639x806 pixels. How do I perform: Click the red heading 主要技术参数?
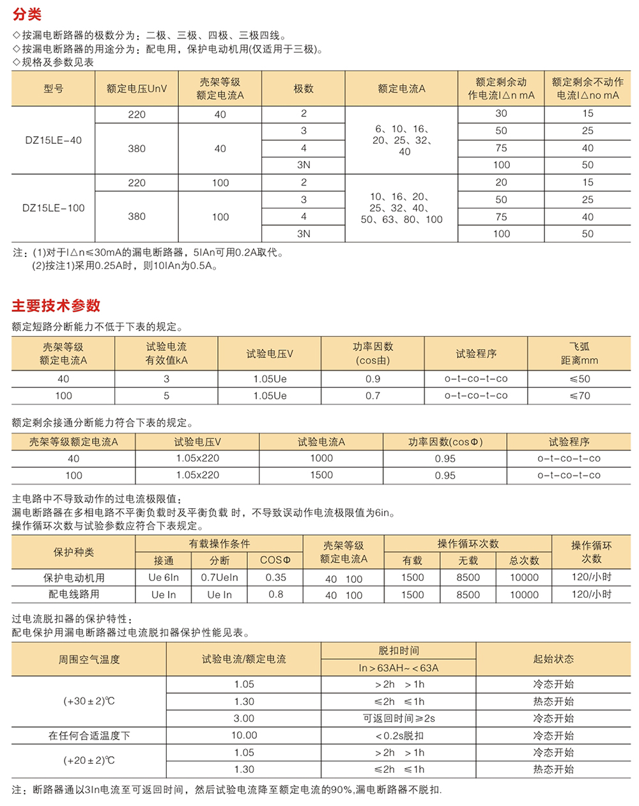tap(56, 306)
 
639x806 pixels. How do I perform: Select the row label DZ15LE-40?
tap(54, 140)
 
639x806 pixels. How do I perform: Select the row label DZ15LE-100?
tap(54, 208)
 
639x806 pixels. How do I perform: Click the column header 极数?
tap(304, 89)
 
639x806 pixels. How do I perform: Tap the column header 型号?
tap(54, 89)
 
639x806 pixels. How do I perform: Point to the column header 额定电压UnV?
tap(137, 89)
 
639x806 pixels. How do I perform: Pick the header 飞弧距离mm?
tap(580, 353)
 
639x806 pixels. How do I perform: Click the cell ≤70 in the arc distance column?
tap(580, 396)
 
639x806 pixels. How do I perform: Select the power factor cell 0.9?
tap(373, 379)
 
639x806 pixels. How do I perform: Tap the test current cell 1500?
tap(321, 475)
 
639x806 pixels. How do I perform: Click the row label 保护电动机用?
tap(74, 578)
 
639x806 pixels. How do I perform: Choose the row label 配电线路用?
tap(74, 594)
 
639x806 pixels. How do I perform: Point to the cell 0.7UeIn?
tap(219, 578)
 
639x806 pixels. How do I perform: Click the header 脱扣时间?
tap(399, 651)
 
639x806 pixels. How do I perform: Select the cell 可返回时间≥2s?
tap(399, 718)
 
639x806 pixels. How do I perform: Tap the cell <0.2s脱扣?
tap(399, 736)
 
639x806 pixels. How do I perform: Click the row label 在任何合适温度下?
tap(89, 736)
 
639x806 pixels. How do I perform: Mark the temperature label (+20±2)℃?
tap(89, 761)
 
